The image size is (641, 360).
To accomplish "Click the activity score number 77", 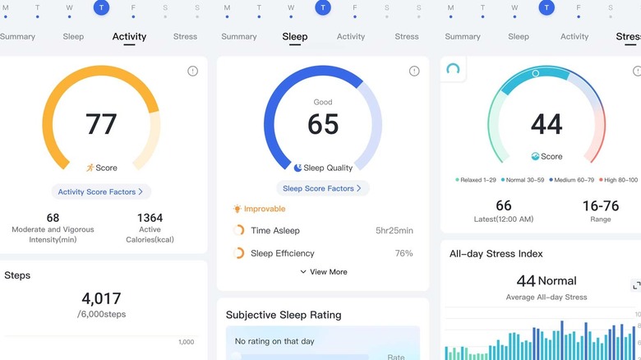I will pos(101,124).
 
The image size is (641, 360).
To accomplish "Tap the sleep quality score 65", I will pos(323,124).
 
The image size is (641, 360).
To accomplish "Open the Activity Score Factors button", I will pos(100,192).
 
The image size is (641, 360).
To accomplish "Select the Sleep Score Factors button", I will pos(322,189).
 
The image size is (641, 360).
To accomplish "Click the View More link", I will pos(323,272).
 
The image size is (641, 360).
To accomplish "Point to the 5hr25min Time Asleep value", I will pos(394,231).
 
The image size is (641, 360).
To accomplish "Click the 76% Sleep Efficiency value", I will pos(404,253).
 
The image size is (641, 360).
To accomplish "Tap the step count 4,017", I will pos(101,298).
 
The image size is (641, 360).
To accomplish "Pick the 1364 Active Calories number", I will pos(150,218).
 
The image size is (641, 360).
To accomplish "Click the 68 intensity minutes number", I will pos(53,218).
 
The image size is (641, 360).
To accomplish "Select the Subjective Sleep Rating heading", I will pos(284,315).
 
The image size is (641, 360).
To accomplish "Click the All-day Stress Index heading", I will pos(496,254).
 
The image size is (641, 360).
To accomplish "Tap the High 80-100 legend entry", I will pos(617,179).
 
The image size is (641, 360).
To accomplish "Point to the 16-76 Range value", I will pos(600,205).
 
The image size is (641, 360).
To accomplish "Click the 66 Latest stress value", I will pos(503,205).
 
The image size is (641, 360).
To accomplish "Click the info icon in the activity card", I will pos(192,72).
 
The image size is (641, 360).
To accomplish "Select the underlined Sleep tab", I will pos(295,37).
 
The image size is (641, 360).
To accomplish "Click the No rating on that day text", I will pos(274,341).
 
